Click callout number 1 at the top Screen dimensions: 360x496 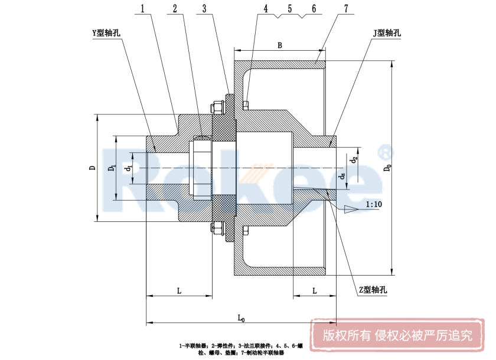144,9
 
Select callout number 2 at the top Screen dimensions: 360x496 175,9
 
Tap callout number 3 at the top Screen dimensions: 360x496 204,9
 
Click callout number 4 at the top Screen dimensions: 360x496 266,9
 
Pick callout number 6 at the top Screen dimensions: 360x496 314,9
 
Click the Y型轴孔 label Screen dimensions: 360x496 106,34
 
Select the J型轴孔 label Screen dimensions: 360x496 386,33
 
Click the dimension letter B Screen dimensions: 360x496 280,45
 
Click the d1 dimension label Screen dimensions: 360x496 129,169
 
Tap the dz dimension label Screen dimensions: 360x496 342,176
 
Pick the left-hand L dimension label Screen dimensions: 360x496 179,290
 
